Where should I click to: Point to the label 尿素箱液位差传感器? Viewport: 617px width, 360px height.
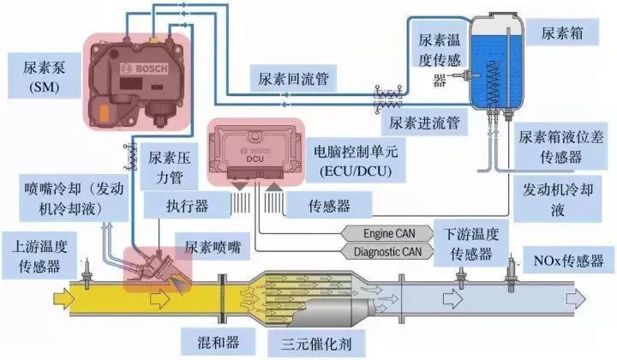tap(562, 147)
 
